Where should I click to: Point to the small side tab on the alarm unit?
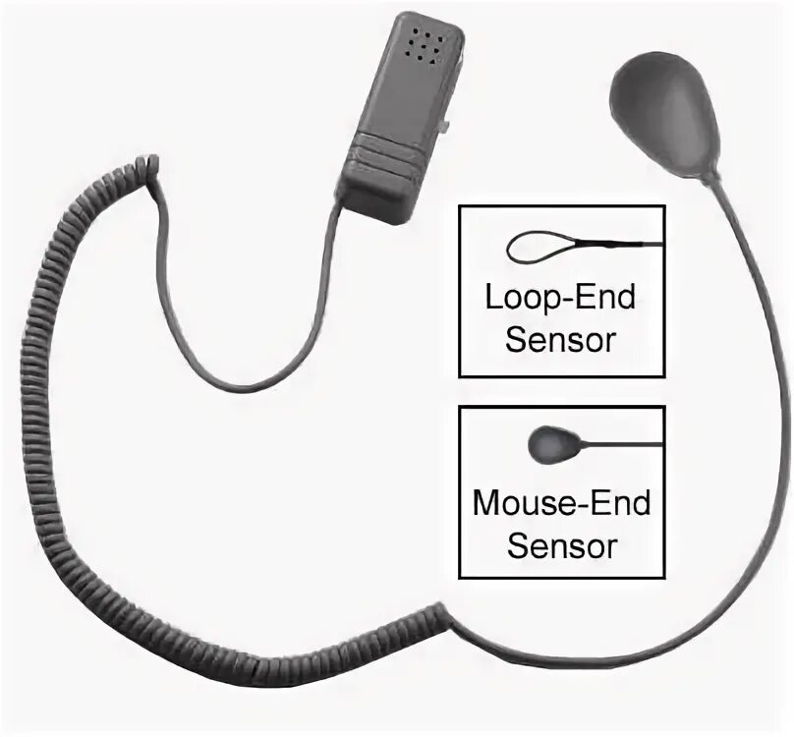click(x=446, y=125)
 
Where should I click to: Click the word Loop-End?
click(x=561, y=297)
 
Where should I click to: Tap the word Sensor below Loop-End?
click(x=560, y=340)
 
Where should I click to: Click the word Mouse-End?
click(x=561, y=503)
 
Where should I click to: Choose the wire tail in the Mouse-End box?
click(x=619, y=444)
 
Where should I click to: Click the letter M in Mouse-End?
click(x=487, y=503)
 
